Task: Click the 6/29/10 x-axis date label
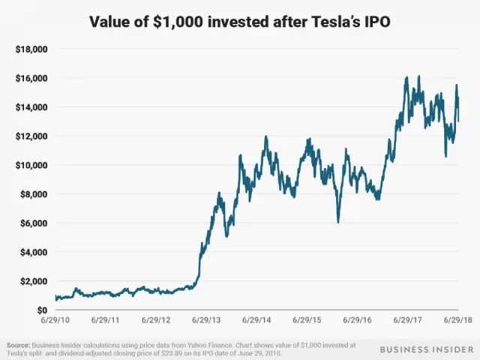click(x=55, y=320)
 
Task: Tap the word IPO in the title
click(x=375, y=21)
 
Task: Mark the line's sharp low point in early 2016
click(x=338, y=223)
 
